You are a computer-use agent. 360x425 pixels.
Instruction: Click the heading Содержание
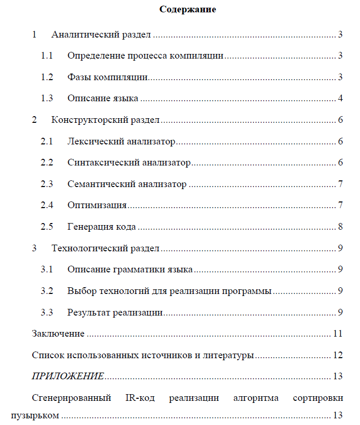(187, 9)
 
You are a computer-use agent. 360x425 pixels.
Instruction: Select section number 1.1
(47, 56)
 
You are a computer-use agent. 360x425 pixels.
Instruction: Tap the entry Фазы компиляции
(108, 78)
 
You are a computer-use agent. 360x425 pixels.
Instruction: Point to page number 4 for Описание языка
(340, 99)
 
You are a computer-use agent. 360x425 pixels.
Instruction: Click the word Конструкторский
(84, 120)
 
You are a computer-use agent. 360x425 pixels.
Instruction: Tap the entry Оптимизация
(97, 206)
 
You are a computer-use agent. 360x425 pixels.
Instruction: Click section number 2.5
(47, 227)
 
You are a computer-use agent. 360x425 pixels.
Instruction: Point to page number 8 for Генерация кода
(340, 227)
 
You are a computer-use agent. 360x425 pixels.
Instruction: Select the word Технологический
(84, 248)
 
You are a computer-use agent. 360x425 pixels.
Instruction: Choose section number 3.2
(47, 291)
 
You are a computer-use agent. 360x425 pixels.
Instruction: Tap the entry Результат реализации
(115, 312)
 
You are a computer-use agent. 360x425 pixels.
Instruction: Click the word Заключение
(58, 334)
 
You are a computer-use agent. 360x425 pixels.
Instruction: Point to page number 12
(337, 355)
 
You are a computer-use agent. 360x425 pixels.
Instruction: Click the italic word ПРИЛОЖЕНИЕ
(68, 376)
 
